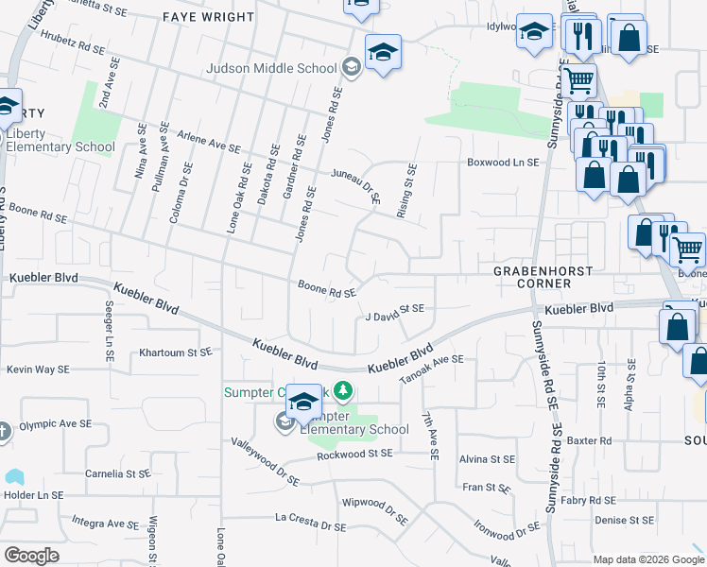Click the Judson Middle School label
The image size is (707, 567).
click(272, 68)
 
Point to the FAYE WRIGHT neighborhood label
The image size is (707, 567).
click(209, 17)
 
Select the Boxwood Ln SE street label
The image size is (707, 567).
click(503, 163)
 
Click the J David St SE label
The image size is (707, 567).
click(395, 313)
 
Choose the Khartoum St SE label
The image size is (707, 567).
click(174, 352)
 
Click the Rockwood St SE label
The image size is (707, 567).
click(354, 454)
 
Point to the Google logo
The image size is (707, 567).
click(31, 556)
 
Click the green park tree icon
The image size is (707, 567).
click(344, 390)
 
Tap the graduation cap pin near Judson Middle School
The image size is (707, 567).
click(384, 53)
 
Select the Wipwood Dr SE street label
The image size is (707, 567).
click(375, 509)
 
